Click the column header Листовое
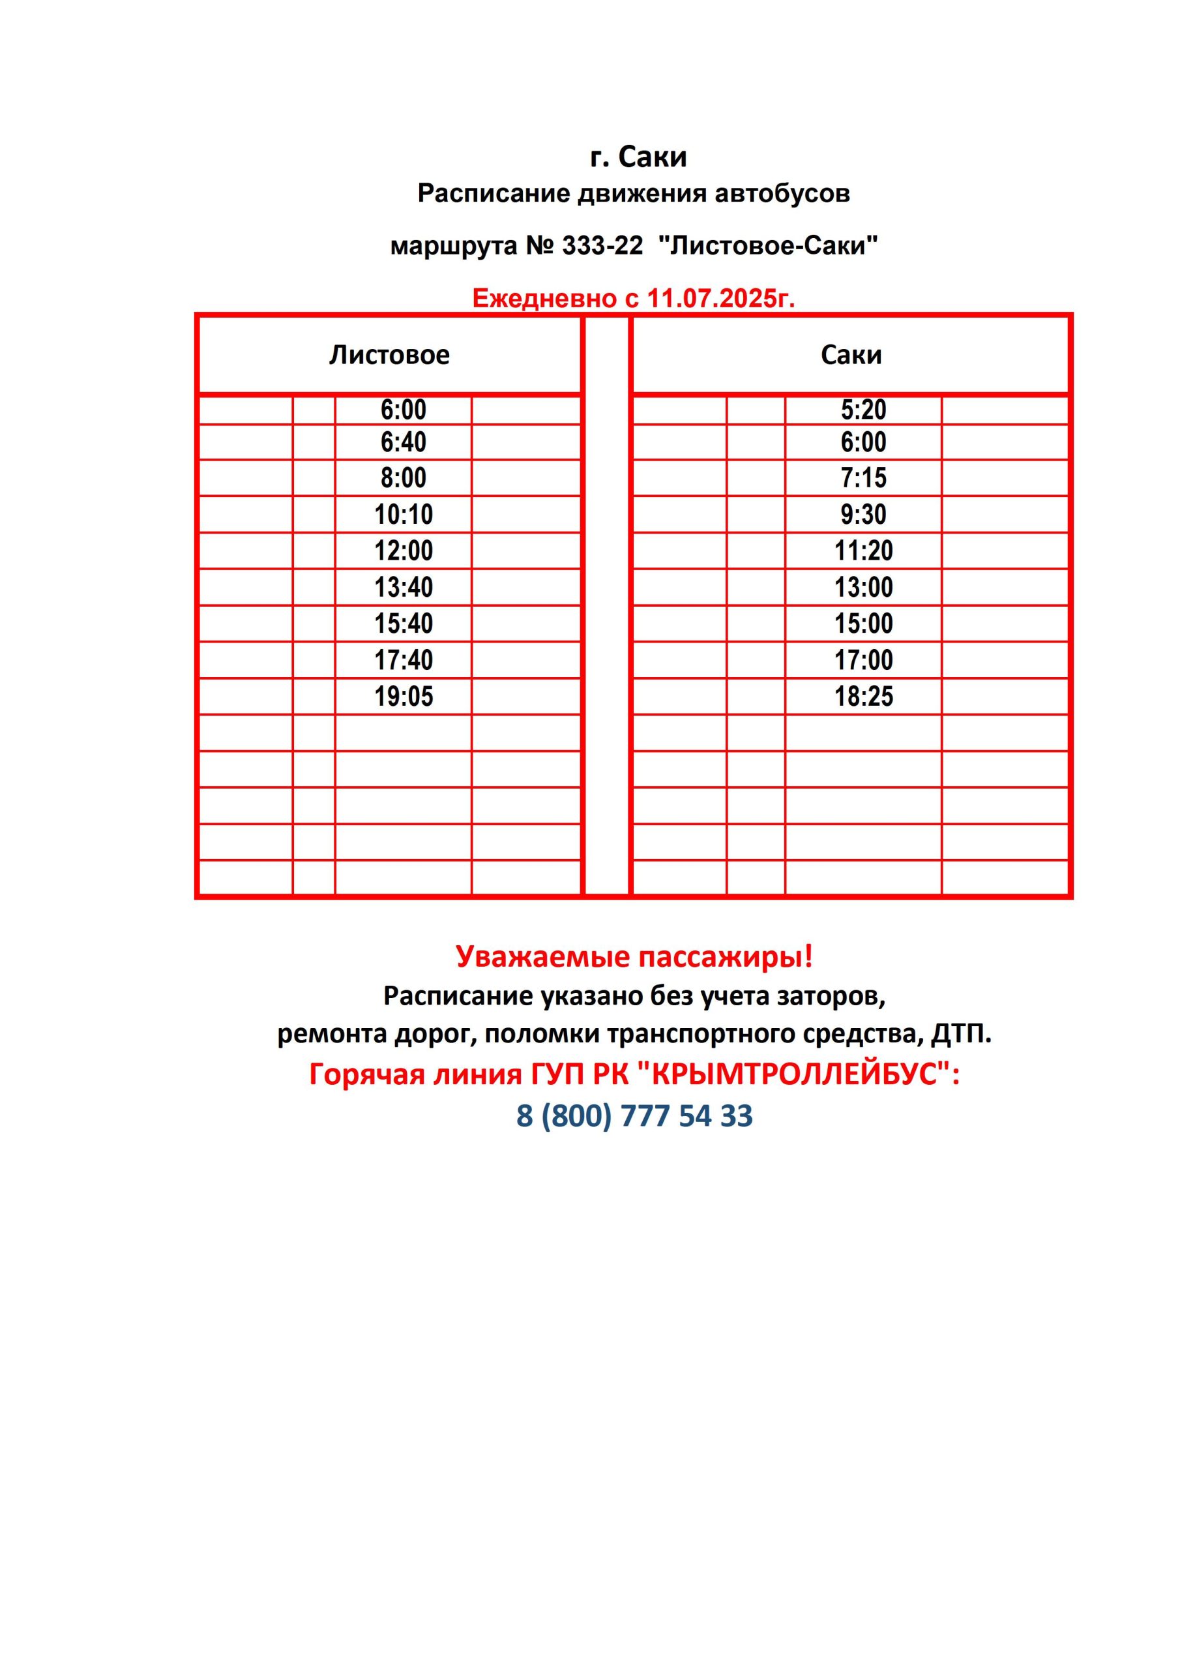pos(389,355)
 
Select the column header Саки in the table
pos(851,355)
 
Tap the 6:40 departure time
pos(404,442)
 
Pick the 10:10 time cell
pos(404,515)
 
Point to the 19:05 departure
pos(404,697)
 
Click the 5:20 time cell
pos(863,410)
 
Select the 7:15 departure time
pos(863,479)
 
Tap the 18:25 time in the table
pos(863,697)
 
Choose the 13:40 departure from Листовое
pos(404,588)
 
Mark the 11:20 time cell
pos(863,551)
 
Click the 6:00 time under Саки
pos(863,442)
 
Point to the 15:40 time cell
pos(404,624)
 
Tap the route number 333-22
pos(603,246)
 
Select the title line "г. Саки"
pos(638,157)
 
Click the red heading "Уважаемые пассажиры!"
pos(634,956)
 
